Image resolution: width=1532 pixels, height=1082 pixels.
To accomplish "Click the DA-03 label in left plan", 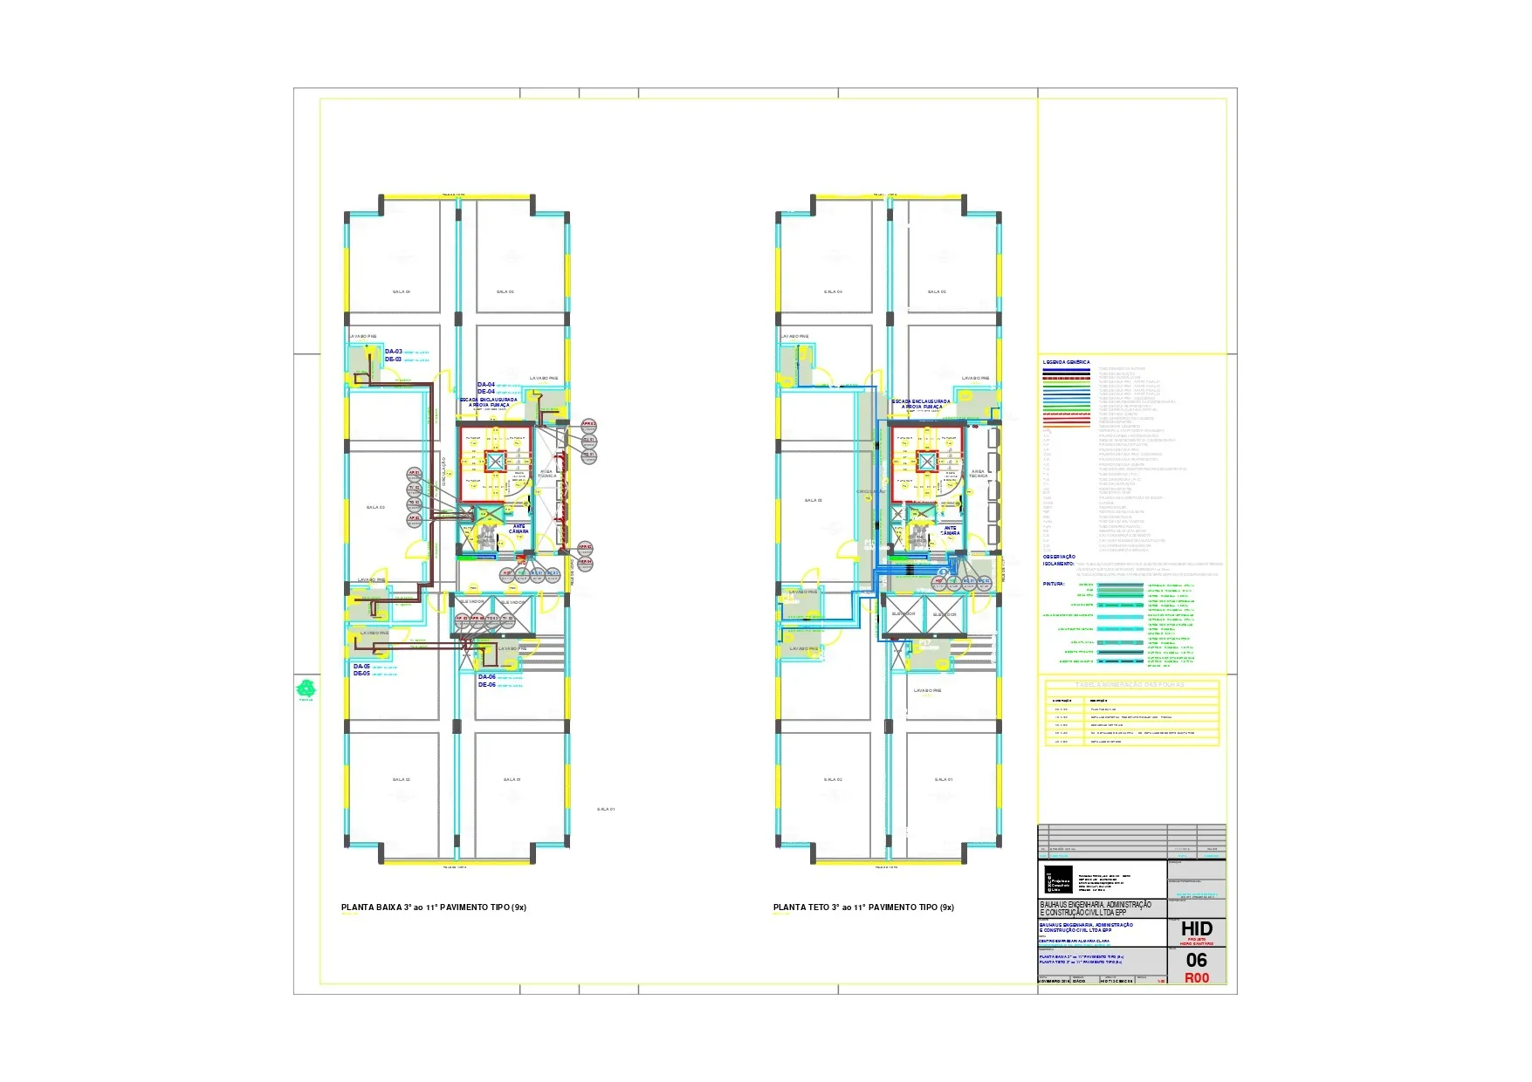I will (393, 352).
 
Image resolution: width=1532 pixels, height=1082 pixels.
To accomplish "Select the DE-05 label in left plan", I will (361, 674).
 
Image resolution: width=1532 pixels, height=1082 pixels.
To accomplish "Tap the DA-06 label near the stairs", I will (486, 677).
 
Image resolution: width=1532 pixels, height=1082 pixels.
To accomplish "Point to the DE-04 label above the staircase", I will (485, 392).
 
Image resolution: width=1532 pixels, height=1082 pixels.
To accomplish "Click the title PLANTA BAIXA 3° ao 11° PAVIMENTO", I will (433, 907).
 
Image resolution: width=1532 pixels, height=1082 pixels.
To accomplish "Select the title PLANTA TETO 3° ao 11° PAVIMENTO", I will (863, 907).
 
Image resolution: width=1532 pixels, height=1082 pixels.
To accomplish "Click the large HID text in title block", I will (1196, 929).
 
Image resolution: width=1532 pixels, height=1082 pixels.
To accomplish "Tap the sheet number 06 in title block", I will (1196, 961).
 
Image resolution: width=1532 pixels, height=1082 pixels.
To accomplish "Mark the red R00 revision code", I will (1196, 978).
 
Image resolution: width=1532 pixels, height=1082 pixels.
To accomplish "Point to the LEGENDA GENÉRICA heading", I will (1066, 362).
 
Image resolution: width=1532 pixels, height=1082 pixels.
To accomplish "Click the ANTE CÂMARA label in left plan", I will (519, 529).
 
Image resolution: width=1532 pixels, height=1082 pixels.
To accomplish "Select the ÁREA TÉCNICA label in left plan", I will (546, 474).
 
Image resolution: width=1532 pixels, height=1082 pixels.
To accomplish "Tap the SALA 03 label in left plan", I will (375, 507).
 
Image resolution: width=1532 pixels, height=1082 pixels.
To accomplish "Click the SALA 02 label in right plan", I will (833, 779).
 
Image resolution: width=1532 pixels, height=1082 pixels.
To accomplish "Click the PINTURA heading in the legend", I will (1054, 584).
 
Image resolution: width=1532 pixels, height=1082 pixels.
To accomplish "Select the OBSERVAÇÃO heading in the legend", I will (1059, 557).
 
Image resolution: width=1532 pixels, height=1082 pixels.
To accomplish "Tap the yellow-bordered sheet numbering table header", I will (1131, 685).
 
